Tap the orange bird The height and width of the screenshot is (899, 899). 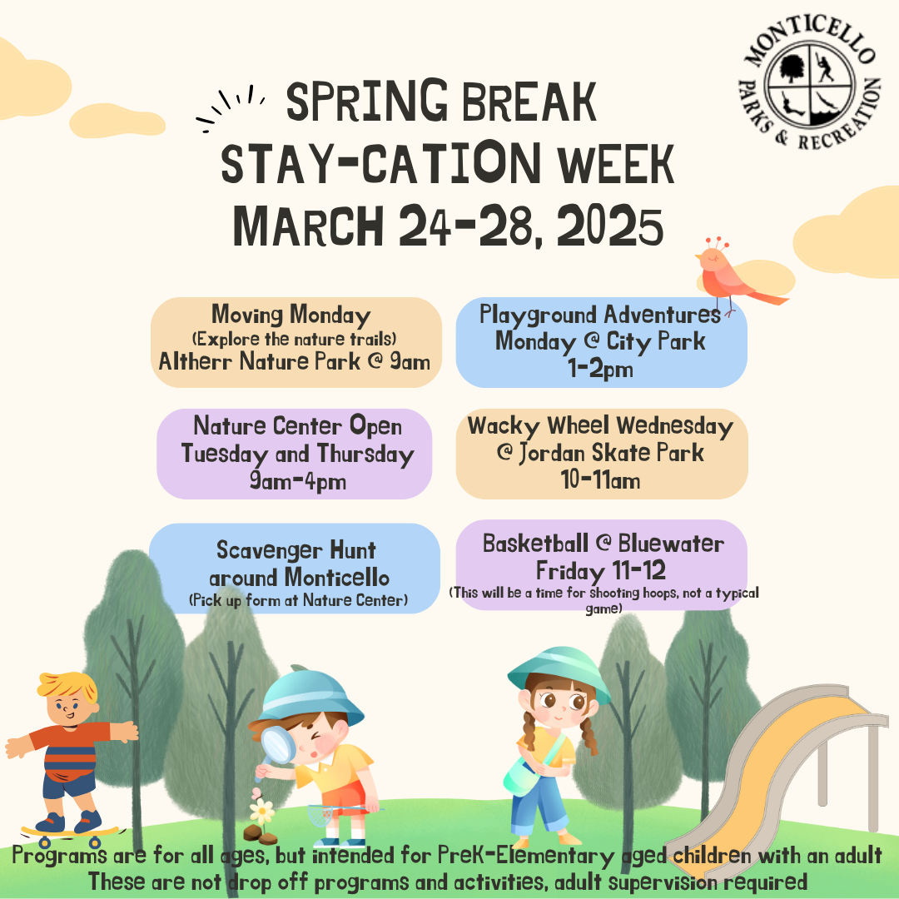(x=733, y=275)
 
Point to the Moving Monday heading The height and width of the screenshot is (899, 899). (x=291, y=315)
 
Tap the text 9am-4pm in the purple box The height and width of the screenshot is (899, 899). (x=297, y=481)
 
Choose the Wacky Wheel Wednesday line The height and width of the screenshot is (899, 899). (x=600, y=426)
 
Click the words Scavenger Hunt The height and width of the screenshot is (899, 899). (x=296, y=550)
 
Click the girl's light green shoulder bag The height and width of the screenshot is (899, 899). (x=520, y=776)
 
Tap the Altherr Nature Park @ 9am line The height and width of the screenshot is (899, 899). (x=295, y=362)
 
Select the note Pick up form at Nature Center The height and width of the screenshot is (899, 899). (x=297, y=599)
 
